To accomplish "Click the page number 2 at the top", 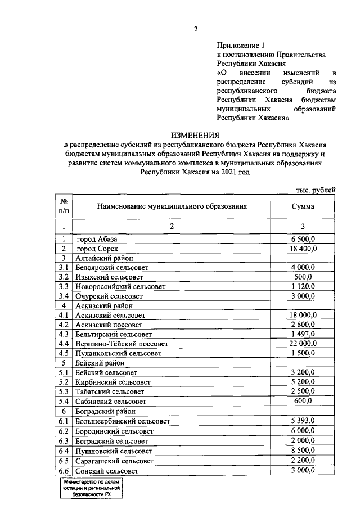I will coord(195,30).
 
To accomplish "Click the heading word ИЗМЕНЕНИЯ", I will coord(195,135).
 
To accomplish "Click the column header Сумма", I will coord(303,206).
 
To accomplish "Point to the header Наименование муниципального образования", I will coord(172,206).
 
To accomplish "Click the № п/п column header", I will coord(64,206).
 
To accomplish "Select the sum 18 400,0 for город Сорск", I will coord(303,248).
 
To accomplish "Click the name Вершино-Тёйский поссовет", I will coord(122,343).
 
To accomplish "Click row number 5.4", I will coord(64,402).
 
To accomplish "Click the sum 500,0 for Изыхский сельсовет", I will coord(303,277).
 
